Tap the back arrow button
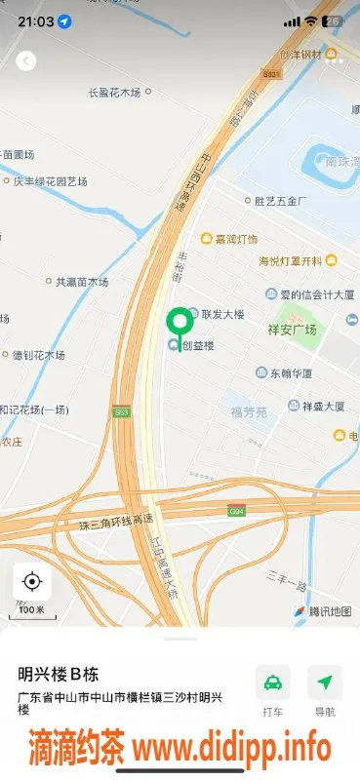(x=26, y=60)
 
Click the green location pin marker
(x=179, y=325)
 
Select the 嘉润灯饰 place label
(x=229, y=239)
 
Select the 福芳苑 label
(x=248, y=412)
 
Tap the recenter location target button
(x=32, y=582)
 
